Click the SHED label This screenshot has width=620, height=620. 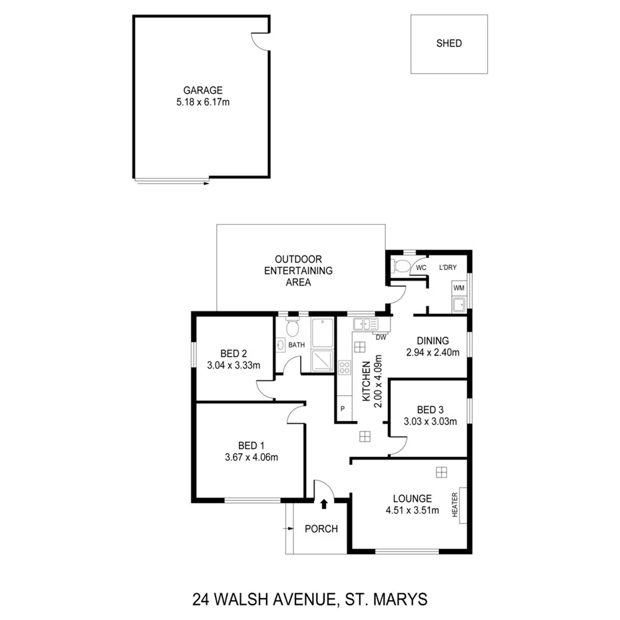tap(449, 44)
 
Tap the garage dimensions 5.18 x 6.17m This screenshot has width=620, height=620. tap(203, 102)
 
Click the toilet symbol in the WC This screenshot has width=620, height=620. tap(402, 266)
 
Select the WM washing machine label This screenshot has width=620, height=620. tap(458, 289)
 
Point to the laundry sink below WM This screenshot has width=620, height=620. tap(458, 305)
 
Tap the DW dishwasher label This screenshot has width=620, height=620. tap(381, 337)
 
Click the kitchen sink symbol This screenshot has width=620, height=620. tap(365, 325)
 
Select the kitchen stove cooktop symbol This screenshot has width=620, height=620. tap(345, 369)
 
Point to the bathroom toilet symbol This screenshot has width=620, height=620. tap(291, 329)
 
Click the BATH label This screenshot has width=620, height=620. tap(297, 345)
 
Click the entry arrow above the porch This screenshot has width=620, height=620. tap(324, 504)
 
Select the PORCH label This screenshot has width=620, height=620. tap(321, 530)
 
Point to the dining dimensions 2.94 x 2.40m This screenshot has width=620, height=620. tap(433, 353)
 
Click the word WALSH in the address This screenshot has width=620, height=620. tap(253, 599)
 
